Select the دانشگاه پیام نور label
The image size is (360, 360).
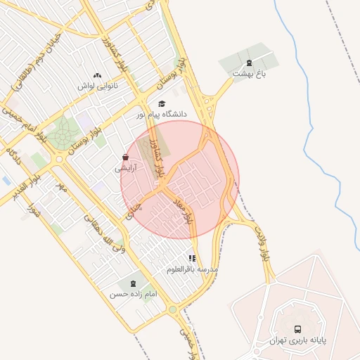pyautogui.click(x=165, y=114)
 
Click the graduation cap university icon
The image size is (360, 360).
pyautogui.click(x=162, y=103)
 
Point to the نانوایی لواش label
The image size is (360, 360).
pyautogui.click(x=96, y=86)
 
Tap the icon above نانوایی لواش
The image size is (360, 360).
pyautogui.click(x=97, y=75)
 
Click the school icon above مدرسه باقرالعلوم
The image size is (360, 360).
pyautogui.click(x=192, y=259)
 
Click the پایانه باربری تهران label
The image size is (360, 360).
pyautogui.click(x=297, y=340)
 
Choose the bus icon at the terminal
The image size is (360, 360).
pyautogui.click(x=297, y=329)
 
